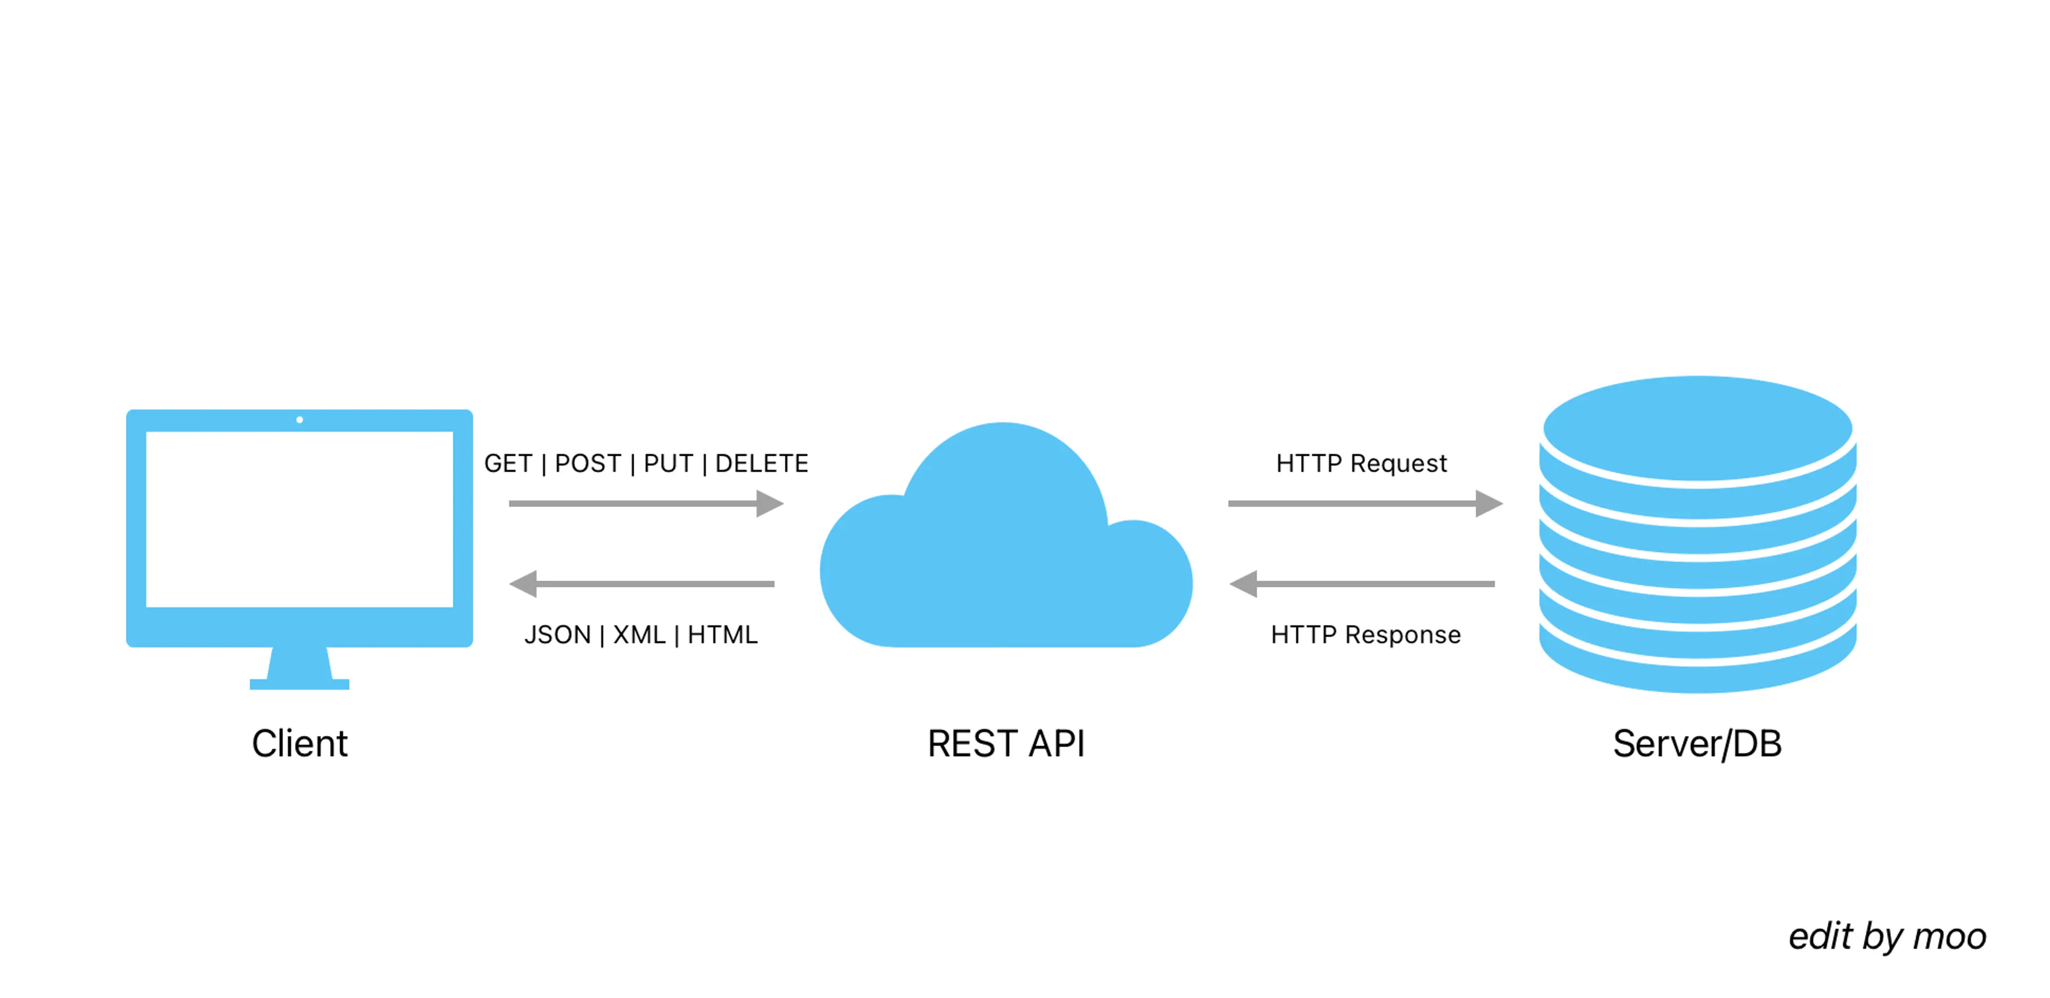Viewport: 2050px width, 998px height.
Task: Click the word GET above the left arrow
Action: pyautogui.click(x=508, y=463)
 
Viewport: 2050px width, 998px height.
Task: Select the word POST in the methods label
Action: pyautogui.click(x=587, y=463)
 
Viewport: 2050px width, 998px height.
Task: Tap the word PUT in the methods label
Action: pyautogui.click(x=668, y=463)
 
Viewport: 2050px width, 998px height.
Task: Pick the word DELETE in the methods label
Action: pyautogui.click(x=762, y=463)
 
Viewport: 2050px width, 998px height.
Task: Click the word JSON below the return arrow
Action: pyautogui.click(x=557, y=635)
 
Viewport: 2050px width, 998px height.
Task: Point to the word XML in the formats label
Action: pyautogui.click(x=639, y=635)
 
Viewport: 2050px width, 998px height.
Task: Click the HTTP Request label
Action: pyautogui.click(x=1361, y=463)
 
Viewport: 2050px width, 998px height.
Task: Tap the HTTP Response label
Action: pyautogui.click(x=1366, y=635)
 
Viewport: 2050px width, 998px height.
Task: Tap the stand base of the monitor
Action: pyautogui.click(x=299, y=684)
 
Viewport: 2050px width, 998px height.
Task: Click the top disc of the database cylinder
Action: pyautogui.click(x=1697, y=428)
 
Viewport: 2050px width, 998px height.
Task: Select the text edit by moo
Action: pyautogui.click(x=1887, y=937)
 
